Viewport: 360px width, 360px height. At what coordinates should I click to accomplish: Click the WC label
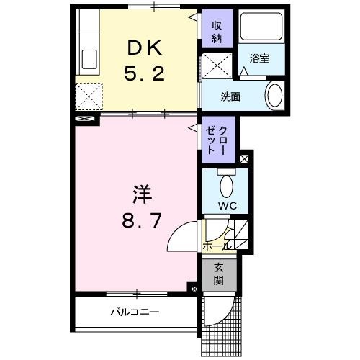click(228, 205)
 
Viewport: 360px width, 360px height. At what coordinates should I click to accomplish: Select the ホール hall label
click(217, 246)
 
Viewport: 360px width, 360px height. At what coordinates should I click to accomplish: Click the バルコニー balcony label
click(135, 312)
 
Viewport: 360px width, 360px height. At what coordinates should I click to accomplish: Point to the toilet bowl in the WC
click(227, 186)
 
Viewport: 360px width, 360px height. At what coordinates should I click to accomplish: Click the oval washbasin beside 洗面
click(274, 96)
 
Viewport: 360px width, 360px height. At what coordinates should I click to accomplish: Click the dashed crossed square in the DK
click(89, 94)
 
